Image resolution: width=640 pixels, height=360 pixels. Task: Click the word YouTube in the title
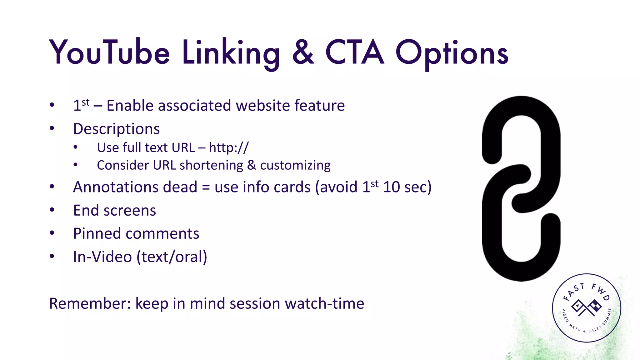[x=109, y=52]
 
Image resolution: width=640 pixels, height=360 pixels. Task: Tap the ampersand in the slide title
[x=303, y=52]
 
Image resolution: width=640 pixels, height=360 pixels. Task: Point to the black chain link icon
[x=521, y=188]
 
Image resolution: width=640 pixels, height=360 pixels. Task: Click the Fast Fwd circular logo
[x=586, y=308]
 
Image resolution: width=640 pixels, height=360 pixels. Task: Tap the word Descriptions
[x=116, y=129]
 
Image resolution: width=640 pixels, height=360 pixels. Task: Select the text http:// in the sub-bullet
[x=229, y=148]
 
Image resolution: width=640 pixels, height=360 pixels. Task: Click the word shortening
[x=211, y=165]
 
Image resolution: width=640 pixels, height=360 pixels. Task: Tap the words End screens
[x=114, y=210]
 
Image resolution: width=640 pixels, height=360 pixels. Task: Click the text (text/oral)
[x=172, y=257]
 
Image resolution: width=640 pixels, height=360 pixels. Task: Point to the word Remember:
[x=90, y=303]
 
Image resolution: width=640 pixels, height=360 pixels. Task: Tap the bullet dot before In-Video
[x=52, y=257]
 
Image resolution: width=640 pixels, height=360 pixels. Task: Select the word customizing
[x=295, y=165]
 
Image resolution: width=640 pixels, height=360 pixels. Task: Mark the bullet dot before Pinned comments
[x=52, y=233]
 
